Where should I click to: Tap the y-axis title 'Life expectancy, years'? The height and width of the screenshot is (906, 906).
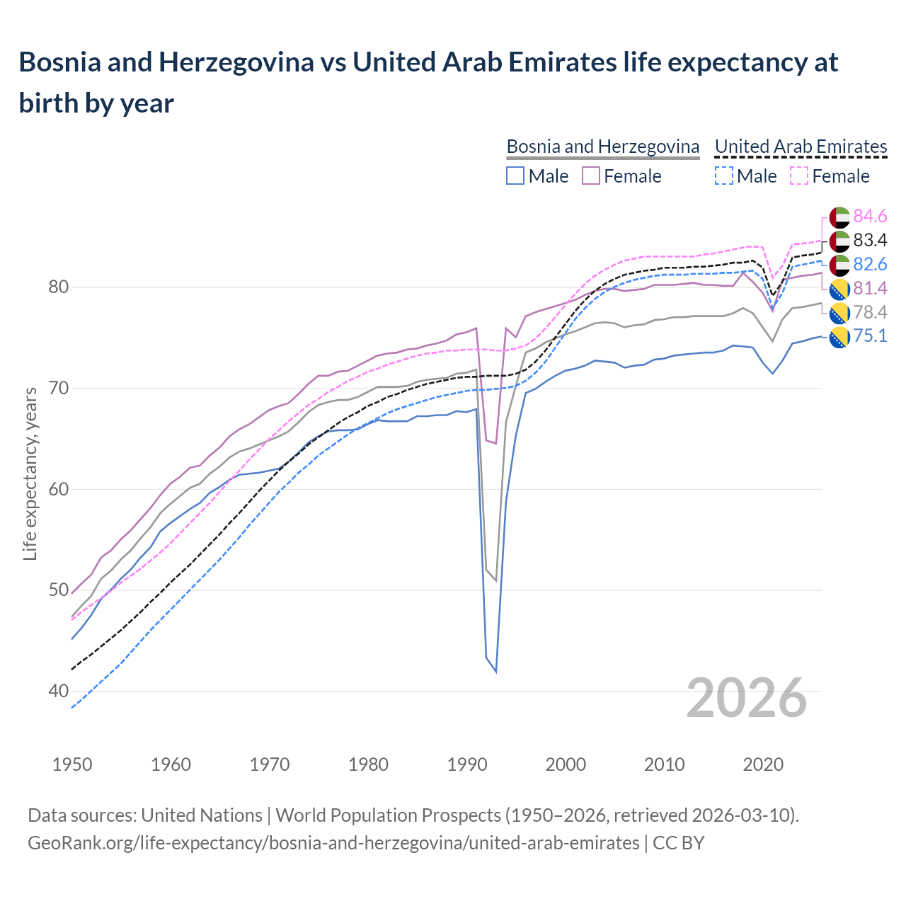[x=30, y=474]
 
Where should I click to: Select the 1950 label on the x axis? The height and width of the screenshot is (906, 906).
[x=72, y=764]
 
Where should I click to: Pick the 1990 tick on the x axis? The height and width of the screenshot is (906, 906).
[x=467, y=764]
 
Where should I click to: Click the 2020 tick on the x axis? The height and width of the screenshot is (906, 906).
[x=763, y=764]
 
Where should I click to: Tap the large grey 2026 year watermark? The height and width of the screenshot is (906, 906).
[x=746, y=698]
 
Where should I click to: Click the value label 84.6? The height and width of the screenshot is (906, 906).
[x=870, y=216]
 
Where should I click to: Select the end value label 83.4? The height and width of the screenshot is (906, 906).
[x=870, y=240]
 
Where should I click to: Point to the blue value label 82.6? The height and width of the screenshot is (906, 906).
[x=870, y=264]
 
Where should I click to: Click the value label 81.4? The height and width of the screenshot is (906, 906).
[x=870, y=288]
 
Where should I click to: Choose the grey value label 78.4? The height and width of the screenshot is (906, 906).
[x=870, y=312]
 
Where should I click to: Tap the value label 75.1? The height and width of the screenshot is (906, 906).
[x=870, y=336]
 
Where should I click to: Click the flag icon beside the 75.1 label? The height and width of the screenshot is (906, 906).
[x=839, y=337]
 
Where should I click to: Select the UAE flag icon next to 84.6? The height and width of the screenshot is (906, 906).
[x=839, y=217]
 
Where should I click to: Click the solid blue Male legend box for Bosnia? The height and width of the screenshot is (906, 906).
[x=515, y=176]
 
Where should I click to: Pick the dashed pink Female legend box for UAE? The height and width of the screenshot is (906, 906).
[x=799, y=176]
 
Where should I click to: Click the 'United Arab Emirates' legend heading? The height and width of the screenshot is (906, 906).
[x=801, y=147]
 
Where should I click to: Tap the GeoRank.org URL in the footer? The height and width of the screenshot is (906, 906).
[x=333, y=843]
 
